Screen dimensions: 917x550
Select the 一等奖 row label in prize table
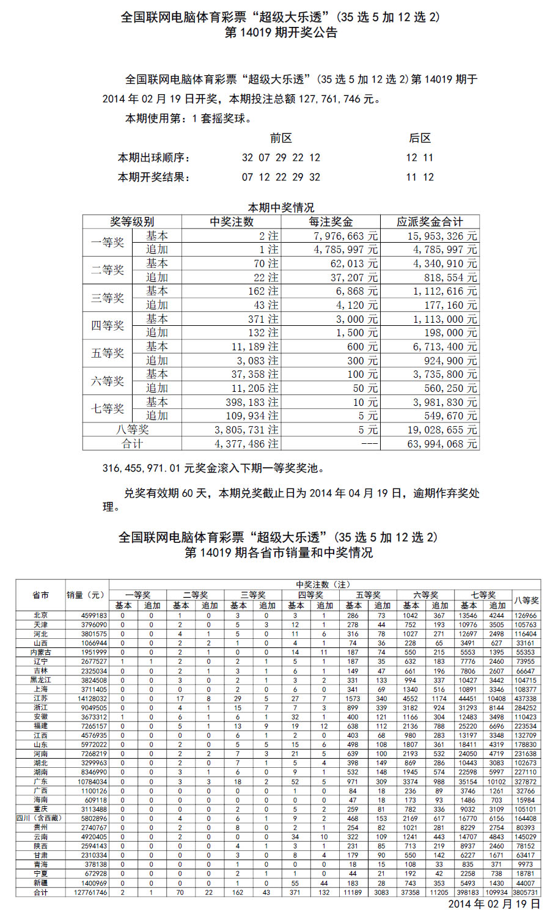108,243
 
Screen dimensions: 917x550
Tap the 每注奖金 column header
331,222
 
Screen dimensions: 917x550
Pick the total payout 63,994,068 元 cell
442,444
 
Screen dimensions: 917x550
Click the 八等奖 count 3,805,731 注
246,430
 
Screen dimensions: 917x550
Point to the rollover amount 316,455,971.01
141,468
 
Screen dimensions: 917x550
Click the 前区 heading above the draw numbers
281,138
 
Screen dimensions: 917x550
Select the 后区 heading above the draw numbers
420,138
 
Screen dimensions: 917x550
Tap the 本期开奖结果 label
154,177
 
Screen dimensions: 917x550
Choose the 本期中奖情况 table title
281,208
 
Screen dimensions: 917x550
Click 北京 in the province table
41,616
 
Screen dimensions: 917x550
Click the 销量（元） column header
86,595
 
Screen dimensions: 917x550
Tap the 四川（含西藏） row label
40,818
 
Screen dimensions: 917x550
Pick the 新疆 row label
41,883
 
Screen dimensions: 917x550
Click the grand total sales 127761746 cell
87,893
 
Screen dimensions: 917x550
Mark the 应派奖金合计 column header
430,222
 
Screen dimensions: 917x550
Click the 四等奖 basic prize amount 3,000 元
357,319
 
